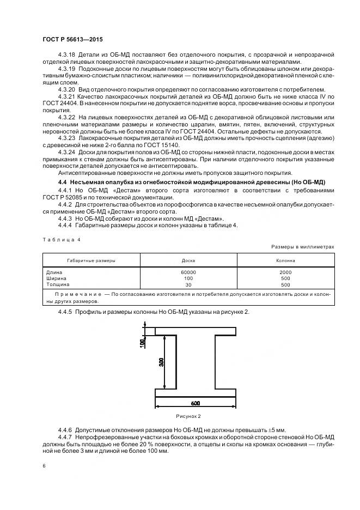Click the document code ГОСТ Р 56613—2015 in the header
point(72,40)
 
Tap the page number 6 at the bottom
point(44,466)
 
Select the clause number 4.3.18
point(66,55)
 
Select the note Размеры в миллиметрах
point(303,246)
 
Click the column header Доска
point(188,260)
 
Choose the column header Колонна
point(285,260)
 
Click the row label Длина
point(54,272)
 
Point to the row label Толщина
point(58,284)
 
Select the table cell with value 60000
point(188,272)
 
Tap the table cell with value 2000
point(285,272)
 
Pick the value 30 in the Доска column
point(188,284)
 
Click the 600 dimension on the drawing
point(196,403)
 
